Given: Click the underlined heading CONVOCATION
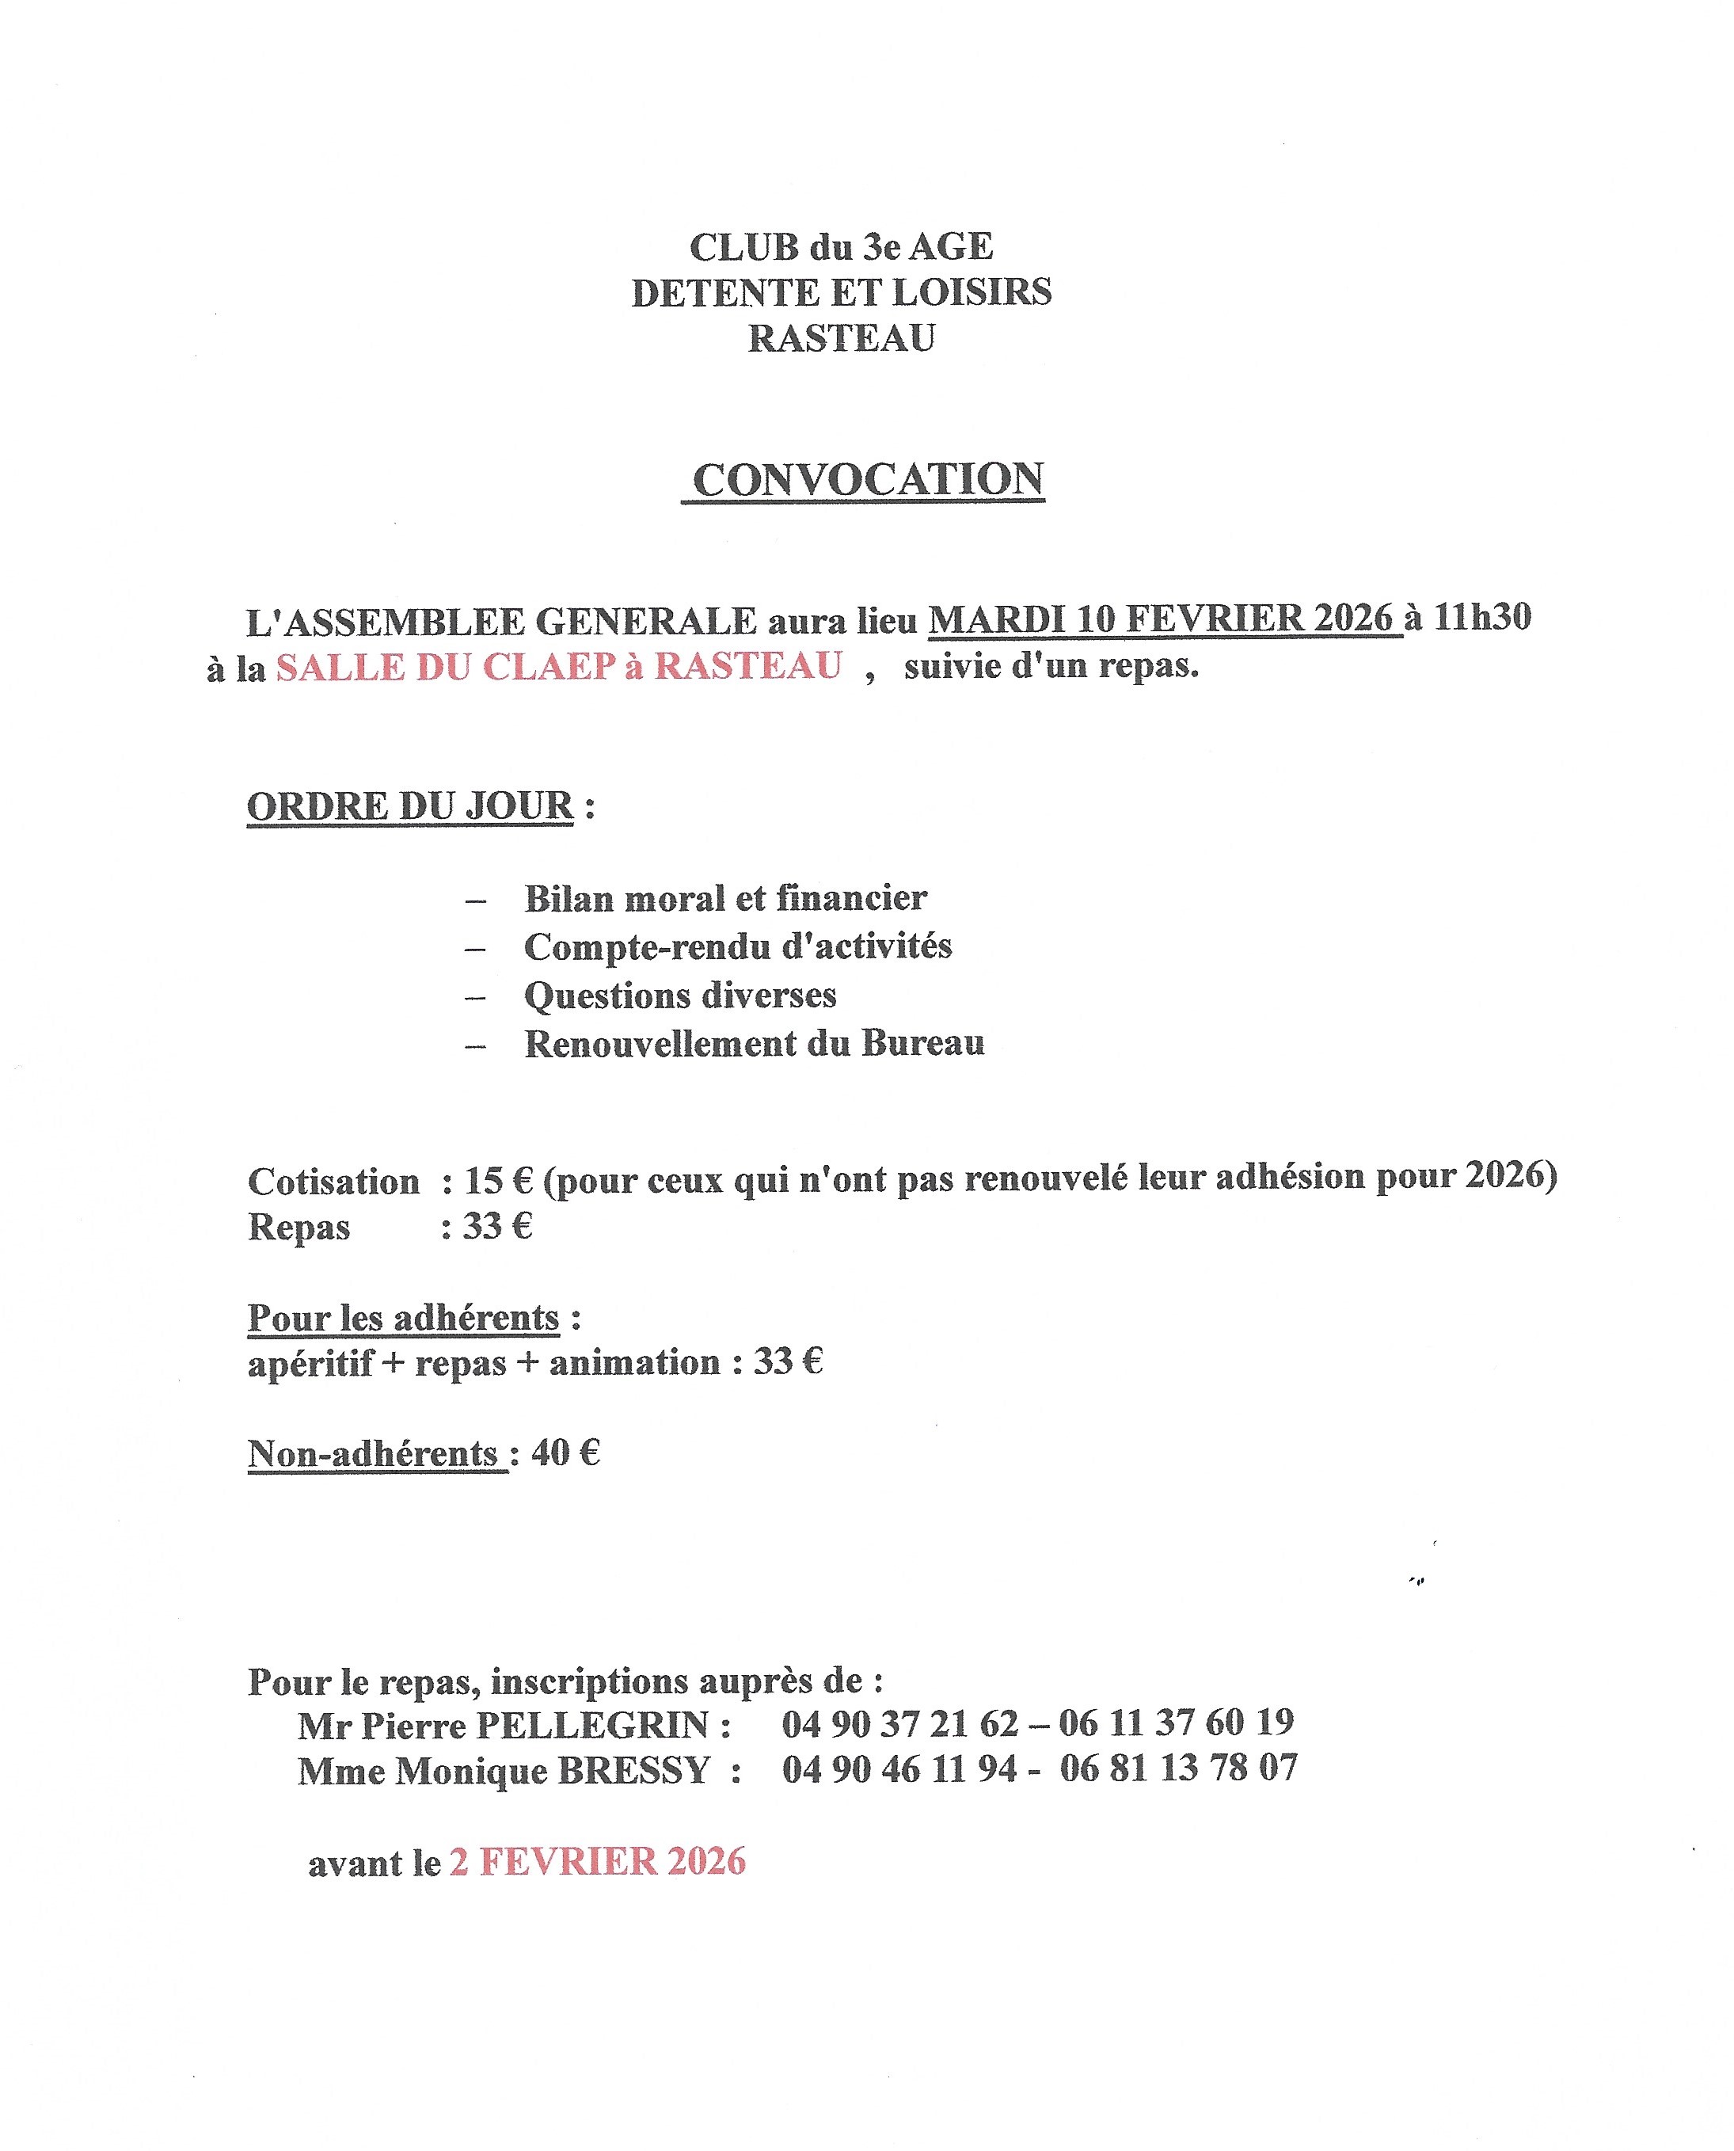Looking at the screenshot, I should pyautogui.click(x=867, y=481).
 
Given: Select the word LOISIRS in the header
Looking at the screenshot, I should pyautogui.click(x=971, y=293).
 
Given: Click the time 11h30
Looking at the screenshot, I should pyautogui.click(x=1482, y=618).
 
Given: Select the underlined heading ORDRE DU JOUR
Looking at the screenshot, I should pyautogui.click(x=410, y=806).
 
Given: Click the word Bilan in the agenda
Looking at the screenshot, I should pyautogui.click(x=568, y=898).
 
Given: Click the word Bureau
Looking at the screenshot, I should pyautogui.click(x=923, y=1043).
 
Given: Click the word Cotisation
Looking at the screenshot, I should pyautogui.click(x=333, y=1182).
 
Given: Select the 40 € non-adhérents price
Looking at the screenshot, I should pyautogui.click(x=566, y=1452).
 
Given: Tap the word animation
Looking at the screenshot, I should pyautogui.click(x=634, y=1363).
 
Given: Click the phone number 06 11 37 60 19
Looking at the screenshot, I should pyautogui.click(x=1176, y=1723).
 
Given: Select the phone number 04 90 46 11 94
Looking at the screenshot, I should pyautogui.click(x=899, y=1769).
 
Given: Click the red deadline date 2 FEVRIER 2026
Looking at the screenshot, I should pyautogui.click(x=597, y=1861).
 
